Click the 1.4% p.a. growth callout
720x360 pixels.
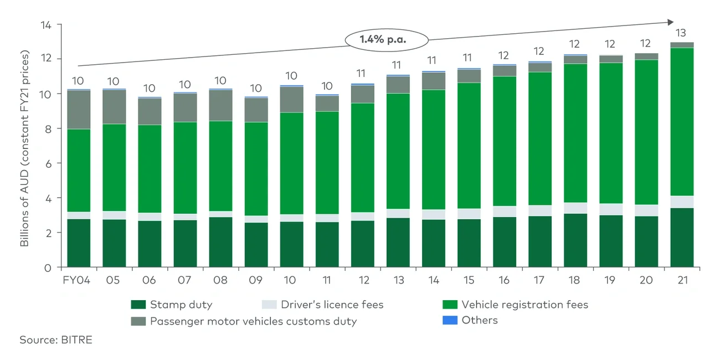(387, 40)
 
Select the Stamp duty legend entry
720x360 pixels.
(172, 305)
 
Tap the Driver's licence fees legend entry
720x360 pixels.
(323, 305)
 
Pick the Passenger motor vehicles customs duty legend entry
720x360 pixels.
(244, 321)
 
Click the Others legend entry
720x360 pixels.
(471, 320)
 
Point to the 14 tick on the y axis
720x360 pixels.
(47, 25)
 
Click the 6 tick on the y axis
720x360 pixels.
(49, 163)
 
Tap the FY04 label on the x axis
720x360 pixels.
(78, 280)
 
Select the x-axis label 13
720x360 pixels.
(398, 280)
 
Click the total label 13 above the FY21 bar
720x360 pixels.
(682, 33)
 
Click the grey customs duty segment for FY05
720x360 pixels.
(114, 107)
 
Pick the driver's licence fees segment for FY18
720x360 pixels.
(574, 208)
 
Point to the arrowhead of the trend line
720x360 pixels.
(670, 22)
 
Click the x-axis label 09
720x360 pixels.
(255, 280)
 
